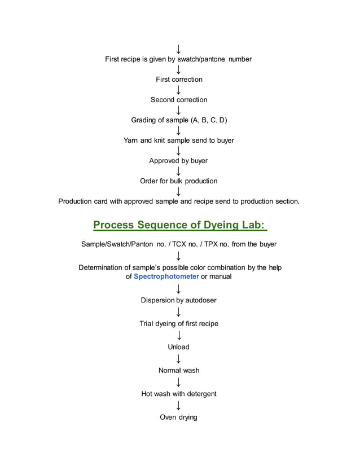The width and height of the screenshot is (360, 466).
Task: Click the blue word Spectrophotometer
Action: pos(166,276)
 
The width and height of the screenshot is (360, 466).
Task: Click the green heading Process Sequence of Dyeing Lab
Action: pos(179,225)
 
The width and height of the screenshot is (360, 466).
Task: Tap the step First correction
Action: pos(179,80)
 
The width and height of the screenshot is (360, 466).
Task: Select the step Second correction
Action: pos(179,100)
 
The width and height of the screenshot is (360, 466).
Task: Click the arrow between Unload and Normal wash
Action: pos(178,359)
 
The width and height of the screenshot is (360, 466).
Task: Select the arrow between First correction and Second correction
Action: pos(178,90)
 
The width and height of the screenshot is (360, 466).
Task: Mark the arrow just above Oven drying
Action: pos(178,406)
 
